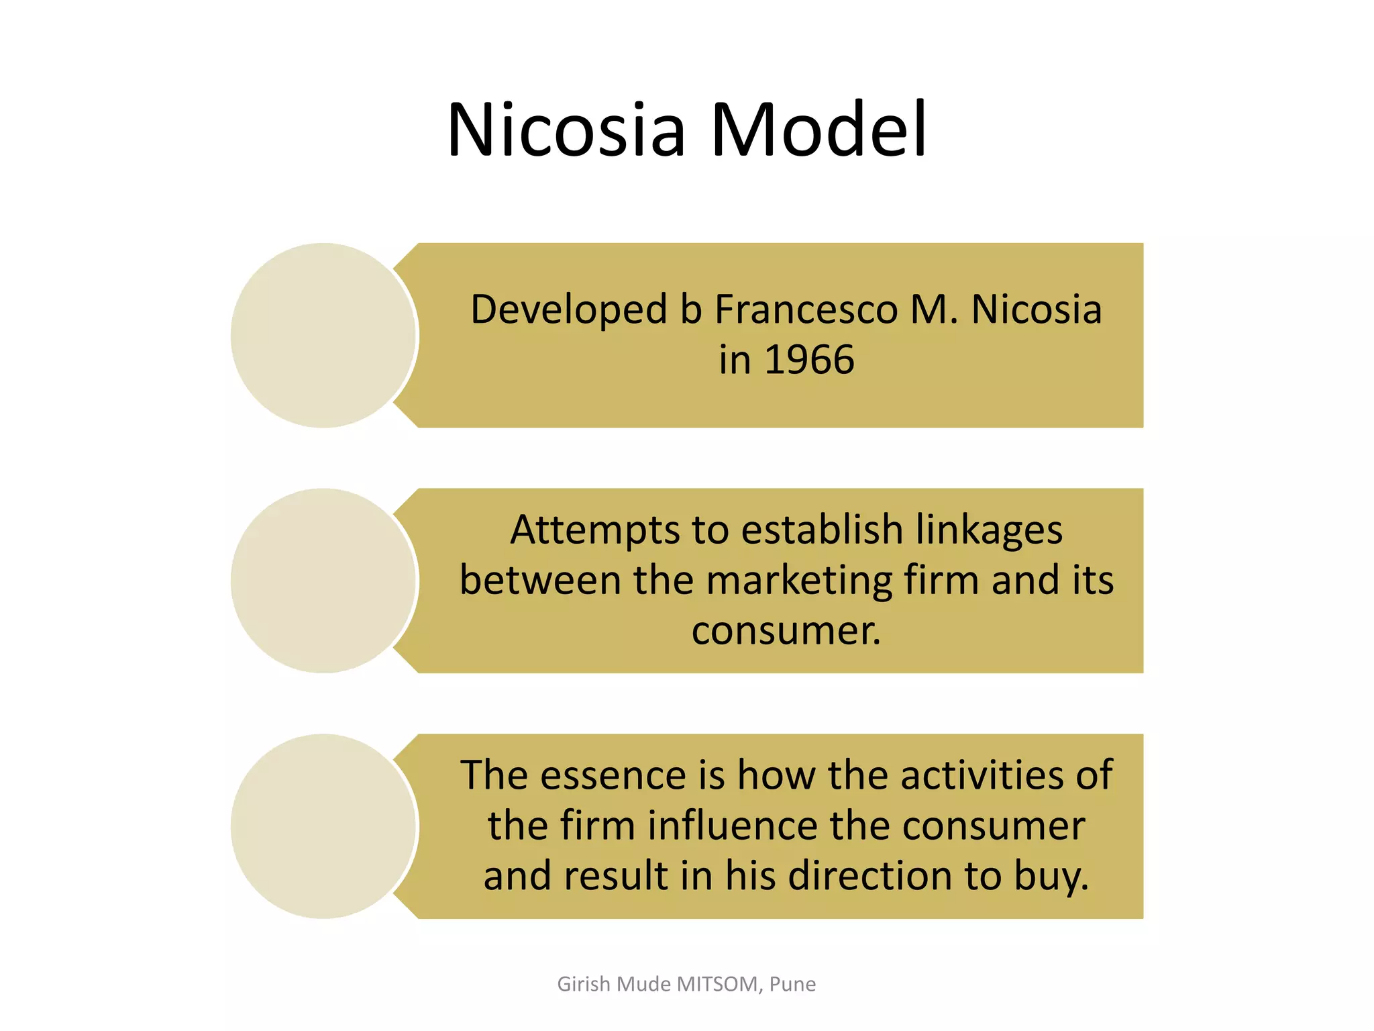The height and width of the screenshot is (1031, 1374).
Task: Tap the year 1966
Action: (809, 360)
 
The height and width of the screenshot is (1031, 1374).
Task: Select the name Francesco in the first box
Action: (806, 310)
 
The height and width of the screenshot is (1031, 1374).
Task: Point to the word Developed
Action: (569, 310)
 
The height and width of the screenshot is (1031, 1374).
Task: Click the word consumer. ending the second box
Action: (786, 631)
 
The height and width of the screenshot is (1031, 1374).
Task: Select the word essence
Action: (613, 775)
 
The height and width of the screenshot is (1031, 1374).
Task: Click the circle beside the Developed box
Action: (324, 336)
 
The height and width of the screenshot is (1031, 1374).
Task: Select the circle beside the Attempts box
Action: (324, 581)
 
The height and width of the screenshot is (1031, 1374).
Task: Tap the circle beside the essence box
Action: (324, 826)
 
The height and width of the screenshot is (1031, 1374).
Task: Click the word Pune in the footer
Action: (792, 984)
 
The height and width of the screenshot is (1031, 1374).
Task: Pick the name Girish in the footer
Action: (584, 984)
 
